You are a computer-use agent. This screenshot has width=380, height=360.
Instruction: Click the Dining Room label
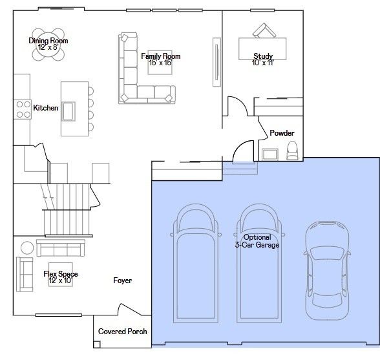(48, 41)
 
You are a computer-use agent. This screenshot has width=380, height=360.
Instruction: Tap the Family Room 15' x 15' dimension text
(161, 63)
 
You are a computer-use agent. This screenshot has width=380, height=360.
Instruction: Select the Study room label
(263, 56)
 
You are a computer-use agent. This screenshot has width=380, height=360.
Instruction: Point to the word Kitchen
(45, 108)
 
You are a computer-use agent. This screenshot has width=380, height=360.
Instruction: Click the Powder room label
(282, 133)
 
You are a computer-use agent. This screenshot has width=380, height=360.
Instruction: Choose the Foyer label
(123, 281)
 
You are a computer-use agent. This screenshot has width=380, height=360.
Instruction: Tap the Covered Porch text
(123, 332)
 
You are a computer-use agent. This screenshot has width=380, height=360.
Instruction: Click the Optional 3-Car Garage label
(257, 241)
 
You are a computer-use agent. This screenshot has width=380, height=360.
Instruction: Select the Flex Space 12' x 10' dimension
(61, 281)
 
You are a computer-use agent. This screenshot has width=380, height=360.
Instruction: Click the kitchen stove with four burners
(23, 109)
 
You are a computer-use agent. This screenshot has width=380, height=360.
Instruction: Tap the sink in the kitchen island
(69, 112)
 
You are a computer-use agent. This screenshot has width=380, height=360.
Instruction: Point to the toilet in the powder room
(292, 151)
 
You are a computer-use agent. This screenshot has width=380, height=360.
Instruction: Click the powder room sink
(270, 154)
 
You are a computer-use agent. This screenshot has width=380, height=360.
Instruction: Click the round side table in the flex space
(27, 248)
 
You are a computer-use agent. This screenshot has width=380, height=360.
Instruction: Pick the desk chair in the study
(264, 30)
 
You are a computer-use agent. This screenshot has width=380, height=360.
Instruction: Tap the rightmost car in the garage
(327, 270)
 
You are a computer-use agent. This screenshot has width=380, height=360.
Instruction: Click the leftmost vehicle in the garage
(195, 263)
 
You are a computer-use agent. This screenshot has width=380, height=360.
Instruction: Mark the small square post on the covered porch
(97, 344)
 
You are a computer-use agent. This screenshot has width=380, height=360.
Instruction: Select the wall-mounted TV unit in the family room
(217, 62)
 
